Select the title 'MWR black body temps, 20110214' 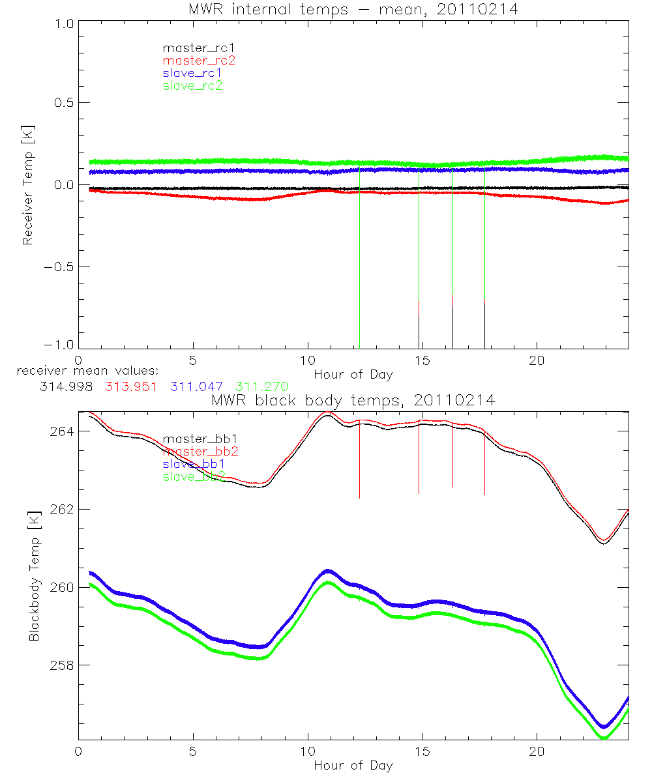point(353,400)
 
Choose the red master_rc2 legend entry point(199,61)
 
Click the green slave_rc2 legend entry point(192,85)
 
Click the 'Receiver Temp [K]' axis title point(27,185)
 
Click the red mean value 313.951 point(130,386)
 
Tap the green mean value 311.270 point(261,386)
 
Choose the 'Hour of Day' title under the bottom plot point(353,765)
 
